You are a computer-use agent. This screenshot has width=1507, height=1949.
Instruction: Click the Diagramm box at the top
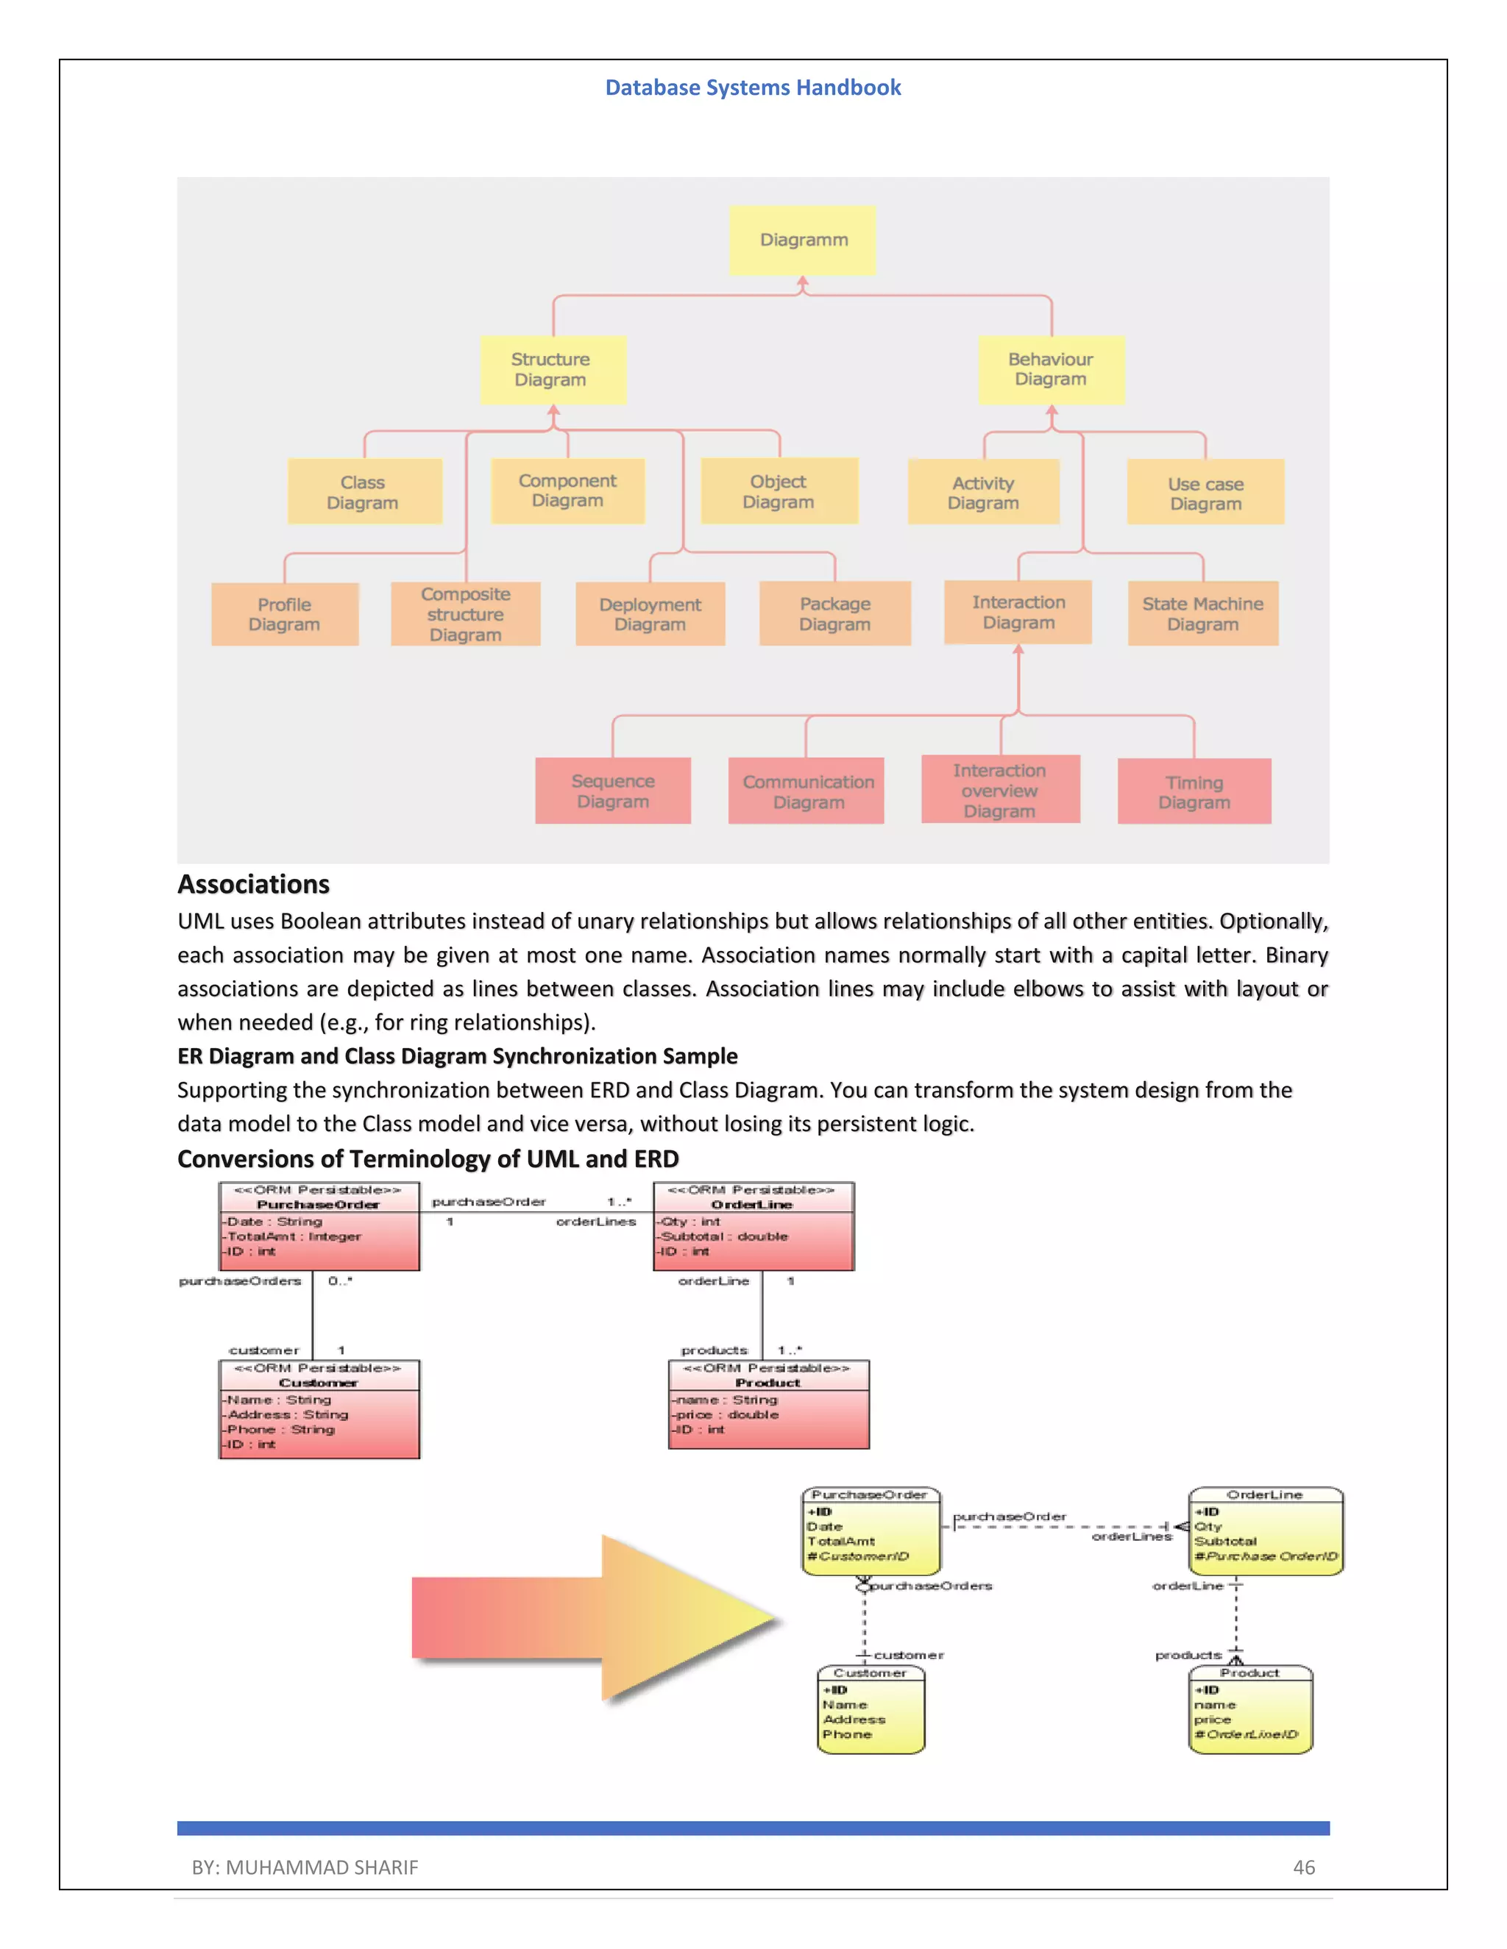point(803,240)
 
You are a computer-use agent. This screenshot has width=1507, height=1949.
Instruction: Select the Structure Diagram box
point(552,369)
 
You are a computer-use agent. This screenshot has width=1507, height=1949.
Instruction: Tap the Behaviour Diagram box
point(1051,369)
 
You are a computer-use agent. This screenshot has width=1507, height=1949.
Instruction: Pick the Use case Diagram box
point(1205,493)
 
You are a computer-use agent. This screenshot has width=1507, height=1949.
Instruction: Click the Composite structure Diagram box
point(465,614)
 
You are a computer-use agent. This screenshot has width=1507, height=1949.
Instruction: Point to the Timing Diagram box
point(1194,791)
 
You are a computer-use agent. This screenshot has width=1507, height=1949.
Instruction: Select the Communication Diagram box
point(806,791)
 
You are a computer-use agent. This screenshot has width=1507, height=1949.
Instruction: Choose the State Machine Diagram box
point(1202,614)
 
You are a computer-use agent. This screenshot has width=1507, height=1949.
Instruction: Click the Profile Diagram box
point(285,614)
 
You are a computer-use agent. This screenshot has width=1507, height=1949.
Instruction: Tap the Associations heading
point(254,884)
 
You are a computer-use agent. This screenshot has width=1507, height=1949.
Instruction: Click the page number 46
point(1303,1867)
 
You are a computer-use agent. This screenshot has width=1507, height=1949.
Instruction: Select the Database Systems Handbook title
point(753,88)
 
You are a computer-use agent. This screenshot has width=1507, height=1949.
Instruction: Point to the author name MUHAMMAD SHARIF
point(322,1867)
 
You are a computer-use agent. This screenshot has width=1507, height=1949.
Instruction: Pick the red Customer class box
point(319,1409)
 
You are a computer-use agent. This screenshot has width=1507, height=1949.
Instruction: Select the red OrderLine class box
point(753,1226)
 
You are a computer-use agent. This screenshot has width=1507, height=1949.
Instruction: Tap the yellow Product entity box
point(1251,1710)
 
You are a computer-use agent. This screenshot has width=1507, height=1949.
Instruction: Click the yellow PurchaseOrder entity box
point(870,1531)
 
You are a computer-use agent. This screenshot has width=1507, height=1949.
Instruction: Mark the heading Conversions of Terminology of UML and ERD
point(428,1158)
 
